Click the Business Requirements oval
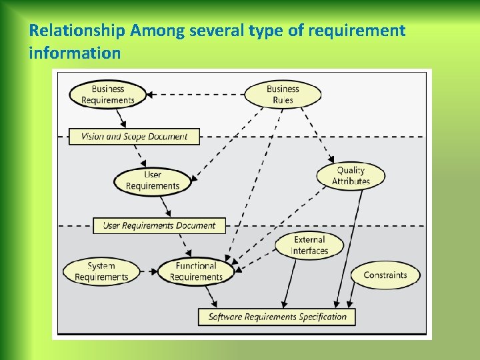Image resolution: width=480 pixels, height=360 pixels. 107,94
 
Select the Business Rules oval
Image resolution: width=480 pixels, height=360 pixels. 283,94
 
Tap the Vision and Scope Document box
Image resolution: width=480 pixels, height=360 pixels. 134,137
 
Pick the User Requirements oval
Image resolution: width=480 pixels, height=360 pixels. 153,181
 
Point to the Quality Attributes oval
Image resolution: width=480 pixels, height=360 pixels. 351,175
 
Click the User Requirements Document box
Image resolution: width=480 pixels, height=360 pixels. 159,225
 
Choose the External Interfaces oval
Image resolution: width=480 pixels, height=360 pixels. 309,245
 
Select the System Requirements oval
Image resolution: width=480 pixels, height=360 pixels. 101,271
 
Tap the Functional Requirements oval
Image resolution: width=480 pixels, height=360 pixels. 196,271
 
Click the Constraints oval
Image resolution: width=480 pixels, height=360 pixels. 385,275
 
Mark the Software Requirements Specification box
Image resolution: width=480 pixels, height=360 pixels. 277,317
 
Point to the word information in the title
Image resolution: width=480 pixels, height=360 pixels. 75,52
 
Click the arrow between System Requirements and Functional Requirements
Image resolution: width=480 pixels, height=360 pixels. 148,272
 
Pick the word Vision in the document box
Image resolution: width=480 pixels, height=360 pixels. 93,137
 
